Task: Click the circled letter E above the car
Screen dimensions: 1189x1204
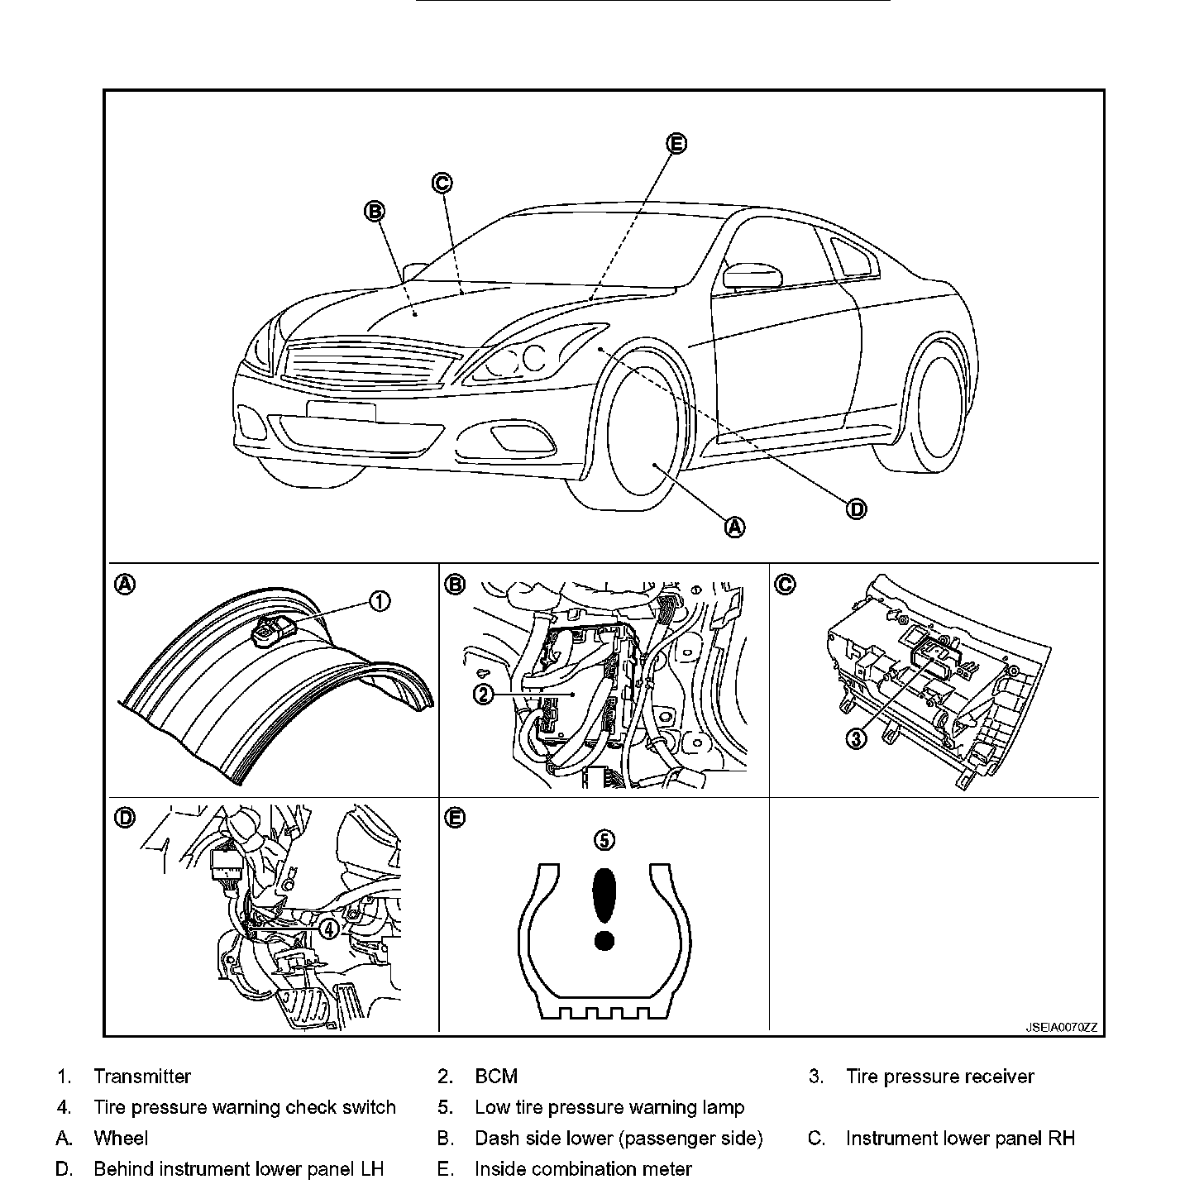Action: coord(676,144)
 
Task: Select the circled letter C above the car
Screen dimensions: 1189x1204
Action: coord(442,183)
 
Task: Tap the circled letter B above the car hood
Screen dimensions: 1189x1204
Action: coord(375,212)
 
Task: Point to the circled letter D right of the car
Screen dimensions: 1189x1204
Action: coord(857,509)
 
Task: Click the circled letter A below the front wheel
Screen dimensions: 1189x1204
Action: coord(734,527)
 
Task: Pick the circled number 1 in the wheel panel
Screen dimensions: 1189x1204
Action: coord(379,601)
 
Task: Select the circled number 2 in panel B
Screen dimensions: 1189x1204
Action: coord(484,694)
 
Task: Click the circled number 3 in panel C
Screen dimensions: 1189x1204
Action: coord(857,738)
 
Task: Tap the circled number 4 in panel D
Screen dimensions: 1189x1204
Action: coord(329,929)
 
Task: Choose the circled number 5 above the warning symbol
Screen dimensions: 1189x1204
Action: coord(605,840)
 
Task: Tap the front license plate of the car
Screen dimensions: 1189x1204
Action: coord(341,410)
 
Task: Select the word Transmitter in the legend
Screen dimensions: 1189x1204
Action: coord(142,1077)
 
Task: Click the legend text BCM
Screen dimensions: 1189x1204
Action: coord(496,1077)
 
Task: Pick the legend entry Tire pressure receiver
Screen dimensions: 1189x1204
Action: coord(939,1077)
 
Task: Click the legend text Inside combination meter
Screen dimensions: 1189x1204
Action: coord(583,1169)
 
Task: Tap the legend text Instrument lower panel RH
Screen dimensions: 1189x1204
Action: coord(960,1139)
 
